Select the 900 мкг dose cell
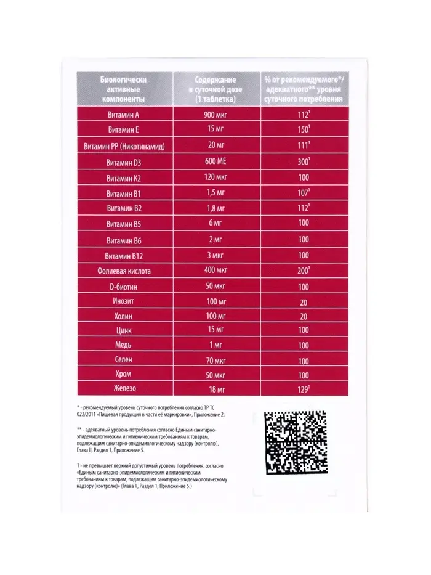216,115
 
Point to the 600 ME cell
216,163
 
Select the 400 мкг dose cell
216,271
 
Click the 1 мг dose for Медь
216,345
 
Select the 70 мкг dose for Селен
216,360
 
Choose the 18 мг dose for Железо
216,389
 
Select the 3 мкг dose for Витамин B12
216,256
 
